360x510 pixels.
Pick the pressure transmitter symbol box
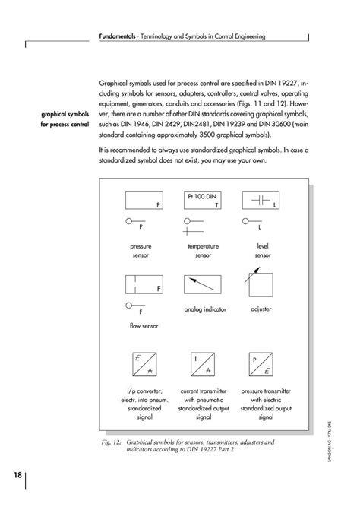(260, 364)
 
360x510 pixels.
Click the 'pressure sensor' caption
(141, 252)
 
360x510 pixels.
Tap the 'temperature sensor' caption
(203, 252)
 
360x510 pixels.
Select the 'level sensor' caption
(263, 252)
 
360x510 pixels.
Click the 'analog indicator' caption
(203, 309)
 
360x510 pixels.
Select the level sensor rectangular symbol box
(261, 201)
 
